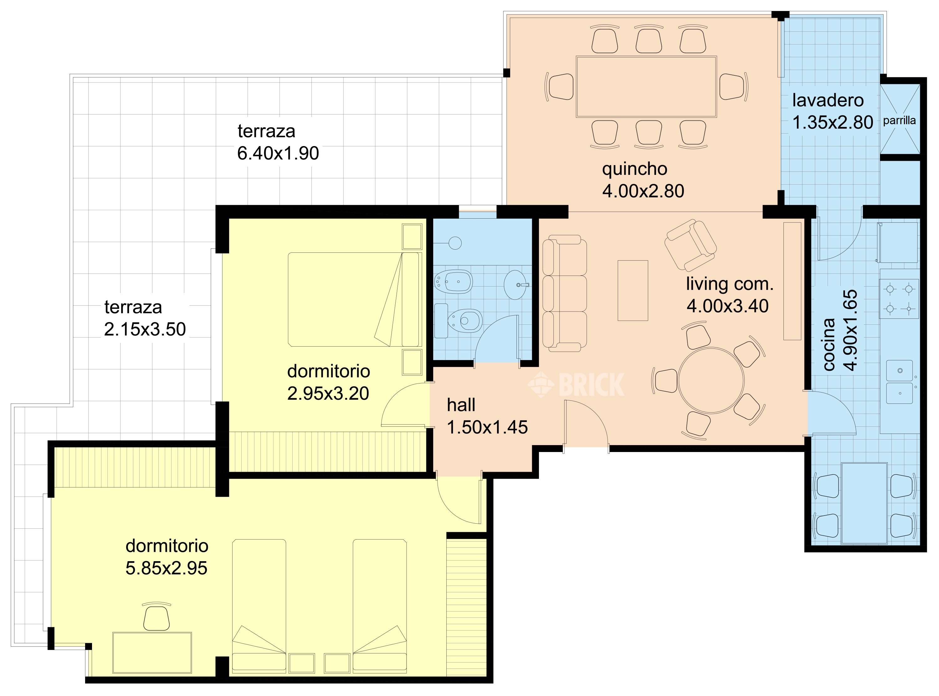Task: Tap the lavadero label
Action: click(828, 100)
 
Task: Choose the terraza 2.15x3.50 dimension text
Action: click(145, 329)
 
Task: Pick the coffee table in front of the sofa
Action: click(633, 291)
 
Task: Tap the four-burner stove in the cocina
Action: click(899, 299)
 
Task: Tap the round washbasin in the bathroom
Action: click(516, 285)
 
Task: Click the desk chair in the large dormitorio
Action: click(156, 617)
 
